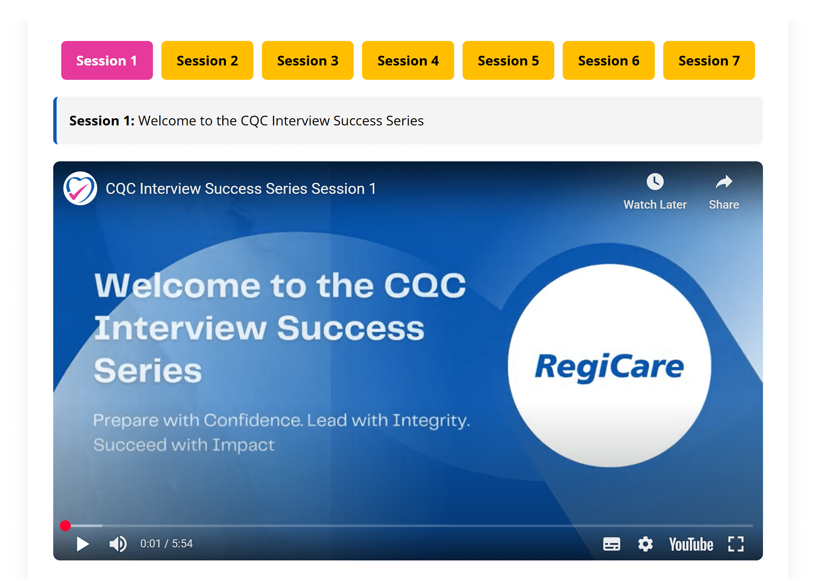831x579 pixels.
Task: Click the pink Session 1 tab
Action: (x=107, y=60)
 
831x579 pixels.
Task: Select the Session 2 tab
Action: (x=207, y=60)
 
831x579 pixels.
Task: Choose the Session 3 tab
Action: (x=308, y=60)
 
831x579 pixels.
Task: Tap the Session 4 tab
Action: (x=408, y=60)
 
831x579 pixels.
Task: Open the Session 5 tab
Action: (x=508, y=60)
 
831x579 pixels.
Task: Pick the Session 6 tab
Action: (x=609, y=60)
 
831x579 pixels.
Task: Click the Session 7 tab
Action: (x=709, y=60)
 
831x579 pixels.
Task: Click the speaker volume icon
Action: (x=118, y=544)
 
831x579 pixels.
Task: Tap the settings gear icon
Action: (x=646, y=544)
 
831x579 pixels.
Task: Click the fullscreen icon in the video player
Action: (x=736, y=544)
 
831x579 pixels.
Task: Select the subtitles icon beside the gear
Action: (x=612, y=544)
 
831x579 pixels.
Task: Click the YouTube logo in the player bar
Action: (x=691, y=544)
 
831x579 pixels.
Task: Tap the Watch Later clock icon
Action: (x=655, y=182)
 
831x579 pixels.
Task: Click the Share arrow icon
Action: (x=724, y=182)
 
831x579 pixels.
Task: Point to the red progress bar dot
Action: (x=65, y=526)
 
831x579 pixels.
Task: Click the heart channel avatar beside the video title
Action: (x=80, y=188)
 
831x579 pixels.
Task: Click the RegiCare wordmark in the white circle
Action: (x=609, y=367)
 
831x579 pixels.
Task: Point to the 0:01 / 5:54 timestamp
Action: (x=166, y=544)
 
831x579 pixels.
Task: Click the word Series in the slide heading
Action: (x=148, y=370)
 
